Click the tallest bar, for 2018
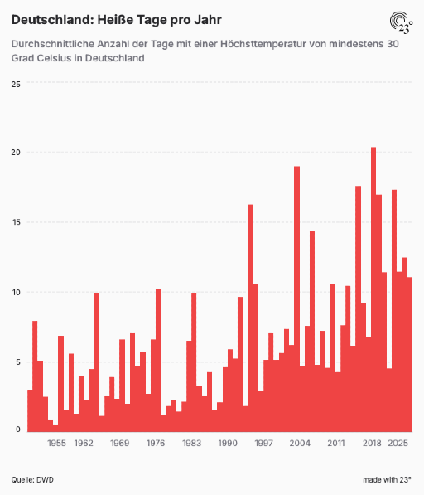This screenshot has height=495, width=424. coord(373,289)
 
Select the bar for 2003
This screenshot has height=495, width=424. coord(297,298)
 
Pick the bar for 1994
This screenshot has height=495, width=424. coord(251,318)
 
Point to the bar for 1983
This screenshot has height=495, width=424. coord(194,362)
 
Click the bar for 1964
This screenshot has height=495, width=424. coord(96,362)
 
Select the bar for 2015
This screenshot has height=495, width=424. coord(358,308)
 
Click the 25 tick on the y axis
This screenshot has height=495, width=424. coord(16,85)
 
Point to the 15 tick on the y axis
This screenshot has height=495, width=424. coord(16,222)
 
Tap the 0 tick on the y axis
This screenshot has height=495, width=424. coord(18,429)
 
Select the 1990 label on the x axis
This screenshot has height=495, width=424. coord(228,444)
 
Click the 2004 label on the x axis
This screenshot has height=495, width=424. coord(300,444)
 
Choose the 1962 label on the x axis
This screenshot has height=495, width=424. coord(84,444)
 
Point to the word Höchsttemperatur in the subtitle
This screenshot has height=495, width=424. coord(263,44)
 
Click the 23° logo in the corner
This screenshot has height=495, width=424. coord(401,22)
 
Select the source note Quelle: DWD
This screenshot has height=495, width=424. coord(32,480)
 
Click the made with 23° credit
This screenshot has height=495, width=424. coord(387,480)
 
